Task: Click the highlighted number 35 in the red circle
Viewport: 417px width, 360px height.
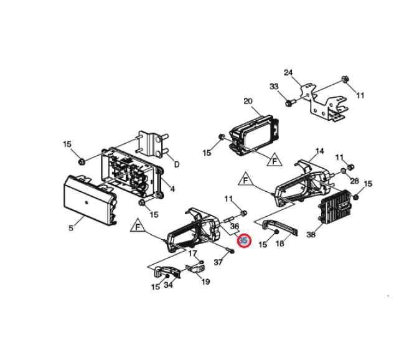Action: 243,240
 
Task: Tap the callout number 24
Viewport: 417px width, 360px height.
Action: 288,73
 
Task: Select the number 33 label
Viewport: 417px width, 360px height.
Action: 274,87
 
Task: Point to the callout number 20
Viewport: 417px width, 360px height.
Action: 248,102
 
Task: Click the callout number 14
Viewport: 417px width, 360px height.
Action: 319,151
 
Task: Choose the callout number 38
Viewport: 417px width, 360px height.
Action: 311,235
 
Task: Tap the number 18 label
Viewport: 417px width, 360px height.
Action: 279,245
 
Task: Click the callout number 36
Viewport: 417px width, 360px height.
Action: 235,226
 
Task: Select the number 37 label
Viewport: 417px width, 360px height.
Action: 218,262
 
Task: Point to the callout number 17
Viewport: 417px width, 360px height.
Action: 193,253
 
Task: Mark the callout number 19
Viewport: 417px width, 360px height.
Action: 205,282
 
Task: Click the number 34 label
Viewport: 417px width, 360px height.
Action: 168,286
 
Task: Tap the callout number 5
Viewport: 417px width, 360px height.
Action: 72,228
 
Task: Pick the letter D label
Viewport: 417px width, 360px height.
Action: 176,164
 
